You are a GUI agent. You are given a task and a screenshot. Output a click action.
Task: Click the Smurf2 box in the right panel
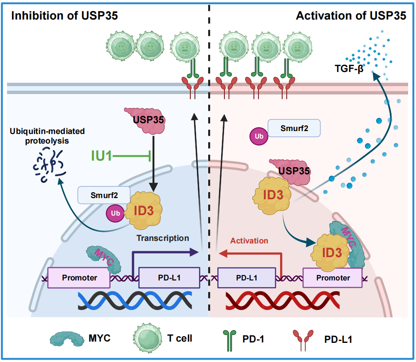click(x=294, y=128)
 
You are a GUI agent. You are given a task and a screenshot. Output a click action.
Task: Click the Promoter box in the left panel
click(x=79, y=278)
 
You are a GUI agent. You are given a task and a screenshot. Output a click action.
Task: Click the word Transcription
click(x=162, y=238)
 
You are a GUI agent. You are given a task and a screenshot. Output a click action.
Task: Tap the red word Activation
click(x=249, y=241)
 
